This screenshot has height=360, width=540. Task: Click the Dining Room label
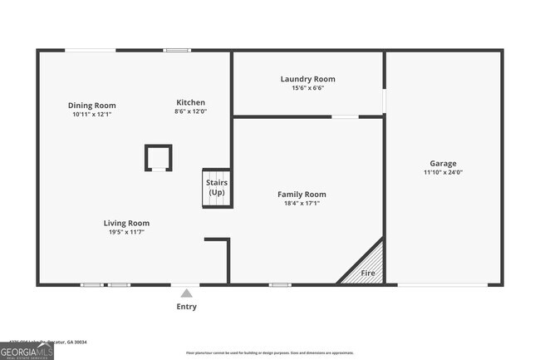click(91, 106)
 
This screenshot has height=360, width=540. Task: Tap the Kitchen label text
click(190, 102)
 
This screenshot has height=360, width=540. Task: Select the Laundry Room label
click(307, 79)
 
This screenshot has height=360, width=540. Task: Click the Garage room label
click(443, 164)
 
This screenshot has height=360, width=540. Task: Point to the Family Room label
click(302, 194)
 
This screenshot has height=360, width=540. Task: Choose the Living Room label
click(126, 223)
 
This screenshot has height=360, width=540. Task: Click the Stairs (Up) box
click(217, 188)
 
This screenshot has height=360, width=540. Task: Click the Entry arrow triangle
click(187, 293)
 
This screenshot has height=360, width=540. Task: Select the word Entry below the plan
click(187, 307)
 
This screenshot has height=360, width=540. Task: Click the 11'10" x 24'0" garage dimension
click(443, 173)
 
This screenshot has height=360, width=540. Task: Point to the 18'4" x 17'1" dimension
click(302, 203)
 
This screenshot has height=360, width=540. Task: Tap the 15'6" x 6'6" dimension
click(307, 88)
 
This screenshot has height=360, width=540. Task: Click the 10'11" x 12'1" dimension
click(91, 115)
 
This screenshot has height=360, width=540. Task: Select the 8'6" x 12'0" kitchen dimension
click(190, 111)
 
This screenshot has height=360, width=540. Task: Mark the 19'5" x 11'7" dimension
click(126, 232)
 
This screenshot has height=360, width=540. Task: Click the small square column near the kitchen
click(158, 157)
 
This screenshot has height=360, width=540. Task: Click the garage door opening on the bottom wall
click(443, 285)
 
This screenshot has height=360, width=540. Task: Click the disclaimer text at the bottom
click(269, 353)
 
